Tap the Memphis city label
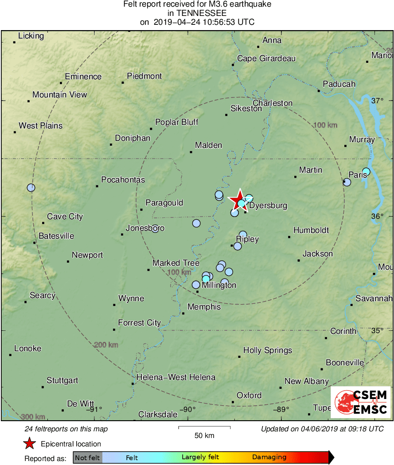pyautogui.click(x=204, y=307)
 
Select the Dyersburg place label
pyautogui.click(x=268, y=205)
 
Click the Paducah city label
pyautogui.click(x=339, y=84)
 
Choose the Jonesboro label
pyautogui.click(x=145, y=228)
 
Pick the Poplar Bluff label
pyautogui.click(x=176, y=122)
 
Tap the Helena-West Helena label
pyautogui.click(x=176, y=377)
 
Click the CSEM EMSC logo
pyautogui.click(x=361, y=402)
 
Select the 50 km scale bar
pyautogui.click(x=204, y=428)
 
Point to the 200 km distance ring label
pyautogui.click(x=106, y=345)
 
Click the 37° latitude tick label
pyautogui.click(x=377, y=101)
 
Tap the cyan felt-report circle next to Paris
pyautogui.click(x=366, y=171)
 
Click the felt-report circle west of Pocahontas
pyautogui.click(x=31, y=187)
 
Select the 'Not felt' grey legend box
pyautogui.click(x=87, y=457)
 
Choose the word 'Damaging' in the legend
pyautogui.click(x=269, y=457)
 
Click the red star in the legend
pyautogui.click(x=29, y=444)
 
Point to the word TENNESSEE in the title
pyautogui.click(x=197, y=13)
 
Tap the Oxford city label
pyautogui.click(x=249, y=395)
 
